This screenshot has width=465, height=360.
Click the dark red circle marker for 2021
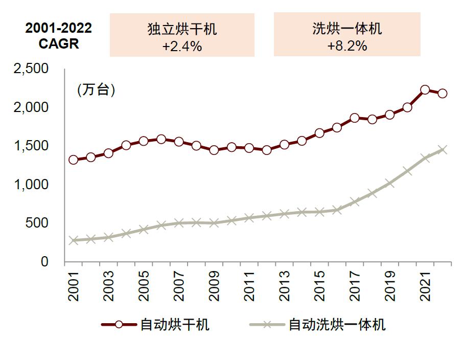click(425, 90)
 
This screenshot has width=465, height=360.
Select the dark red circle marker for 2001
click(74, 160)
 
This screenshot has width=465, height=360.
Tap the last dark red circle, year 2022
click(443, 93)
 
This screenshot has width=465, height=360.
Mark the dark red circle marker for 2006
click(161, 139)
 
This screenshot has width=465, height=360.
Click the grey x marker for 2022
click(443, 150)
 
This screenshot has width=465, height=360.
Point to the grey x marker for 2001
click(74, 240)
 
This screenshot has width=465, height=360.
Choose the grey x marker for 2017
click(355, 201)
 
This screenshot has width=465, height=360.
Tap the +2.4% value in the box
click(182, 46)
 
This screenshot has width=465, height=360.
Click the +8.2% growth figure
click(347, 46)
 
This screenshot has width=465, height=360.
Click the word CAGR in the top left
click(59, 43)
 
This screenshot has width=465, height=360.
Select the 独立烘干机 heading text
click(182, 29)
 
